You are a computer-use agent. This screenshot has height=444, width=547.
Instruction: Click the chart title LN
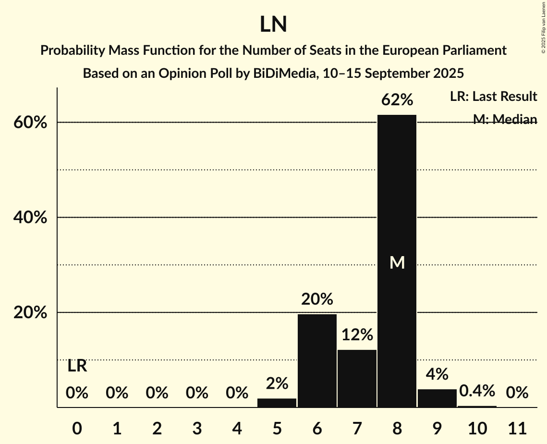click(273, 25)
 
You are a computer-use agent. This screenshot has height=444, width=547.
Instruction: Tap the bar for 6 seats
click(317, 360)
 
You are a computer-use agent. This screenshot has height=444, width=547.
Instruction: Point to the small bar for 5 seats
click(277, 403)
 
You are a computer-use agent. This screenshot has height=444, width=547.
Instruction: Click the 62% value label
click(397, 100)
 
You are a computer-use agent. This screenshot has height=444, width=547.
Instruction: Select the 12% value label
click(357, 335)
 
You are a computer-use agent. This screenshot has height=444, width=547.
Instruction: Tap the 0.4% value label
click(477, 391)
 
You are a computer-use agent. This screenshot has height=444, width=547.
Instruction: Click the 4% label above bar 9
click(437, 374)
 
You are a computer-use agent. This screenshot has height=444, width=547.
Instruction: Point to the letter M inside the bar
click(397, 262)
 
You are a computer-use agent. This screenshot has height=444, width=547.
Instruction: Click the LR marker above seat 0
click(77, 366)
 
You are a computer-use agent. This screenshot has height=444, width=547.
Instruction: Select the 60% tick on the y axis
click(30, 123)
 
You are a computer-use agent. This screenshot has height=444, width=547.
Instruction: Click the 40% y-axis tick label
click(30, 218)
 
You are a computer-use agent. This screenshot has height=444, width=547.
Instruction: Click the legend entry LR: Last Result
click(493, 97)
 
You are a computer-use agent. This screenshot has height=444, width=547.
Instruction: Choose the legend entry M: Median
click(505, 119)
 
